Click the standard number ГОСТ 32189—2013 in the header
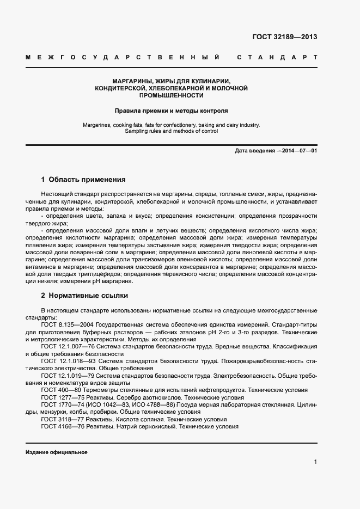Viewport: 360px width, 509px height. pyautogui.click(x=284, y=38)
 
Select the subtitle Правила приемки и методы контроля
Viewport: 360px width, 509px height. pyautogui.click(x=171, y=110)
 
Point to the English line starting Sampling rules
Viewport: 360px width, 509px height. pyautogui.click(x=171, y=131)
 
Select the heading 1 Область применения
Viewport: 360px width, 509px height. pyautogui.click(x=83, y=179)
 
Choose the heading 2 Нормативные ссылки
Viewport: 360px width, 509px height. pyautogui.click(x=84, y=296)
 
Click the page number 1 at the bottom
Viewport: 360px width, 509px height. pyautogui.click(x=315, y=462)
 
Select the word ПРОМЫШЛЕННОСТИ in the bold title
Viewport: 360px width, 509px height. pyautogui.click(x=171, y=95)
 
